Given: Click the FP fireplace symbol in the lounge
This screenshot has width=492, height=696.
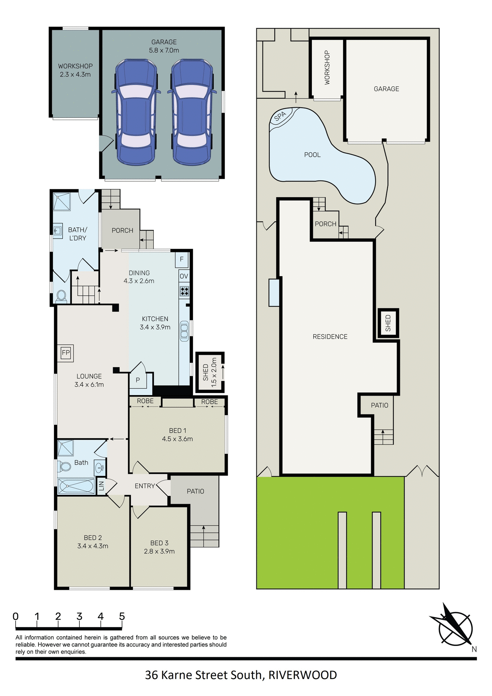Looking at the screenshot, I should tap(66, 353).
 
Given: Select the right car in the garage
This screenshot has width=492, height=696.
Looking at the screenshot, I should tap(192, 113).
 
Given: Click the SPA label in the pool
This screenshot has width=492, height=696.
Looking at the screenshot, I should tap(280, 116).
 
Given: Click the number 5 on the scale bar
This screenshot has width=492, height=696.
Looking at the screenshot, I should tap(122, 617).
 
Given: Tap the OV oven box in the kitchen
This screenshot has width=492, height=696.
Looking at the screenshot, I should tap(184, 276).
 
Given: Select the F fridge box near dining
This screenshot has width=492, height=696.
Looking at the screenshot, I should tap(182, 259).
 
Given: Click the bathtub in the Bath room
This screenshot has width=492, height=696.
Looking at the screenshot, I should tap(76, 486).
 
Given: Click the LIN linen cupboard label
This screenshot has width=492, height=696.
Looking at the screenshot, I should tap(102, 486).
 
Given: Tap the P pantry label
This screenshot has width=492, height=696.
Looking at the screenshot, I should tap(138, 380).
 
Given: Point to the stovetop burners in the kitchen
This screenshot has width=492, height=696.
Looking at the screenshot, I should tap(184, 291).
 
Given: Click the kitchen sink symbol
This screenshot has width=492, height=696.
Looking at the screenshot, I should tap(184, 331).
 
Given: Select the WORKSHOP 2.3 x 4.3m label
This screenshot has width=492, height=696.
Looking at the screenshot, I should tap(75, 70).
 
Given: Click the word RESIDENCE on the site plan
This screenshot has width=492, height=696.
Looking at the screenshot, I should tap(330, 337).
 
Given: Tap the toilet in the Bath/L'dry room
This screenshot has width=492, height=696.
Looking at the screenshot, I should tap(61, 296).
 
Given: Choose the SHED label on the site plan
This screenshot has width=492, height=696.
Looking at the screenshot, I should tap(388, 323).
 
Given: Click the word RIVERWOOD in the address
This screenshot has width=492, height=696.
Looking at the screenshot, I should tap(303, 675).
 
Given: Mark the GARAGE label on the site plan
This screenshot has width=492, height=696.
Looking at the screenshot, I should tap(386, 89).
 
